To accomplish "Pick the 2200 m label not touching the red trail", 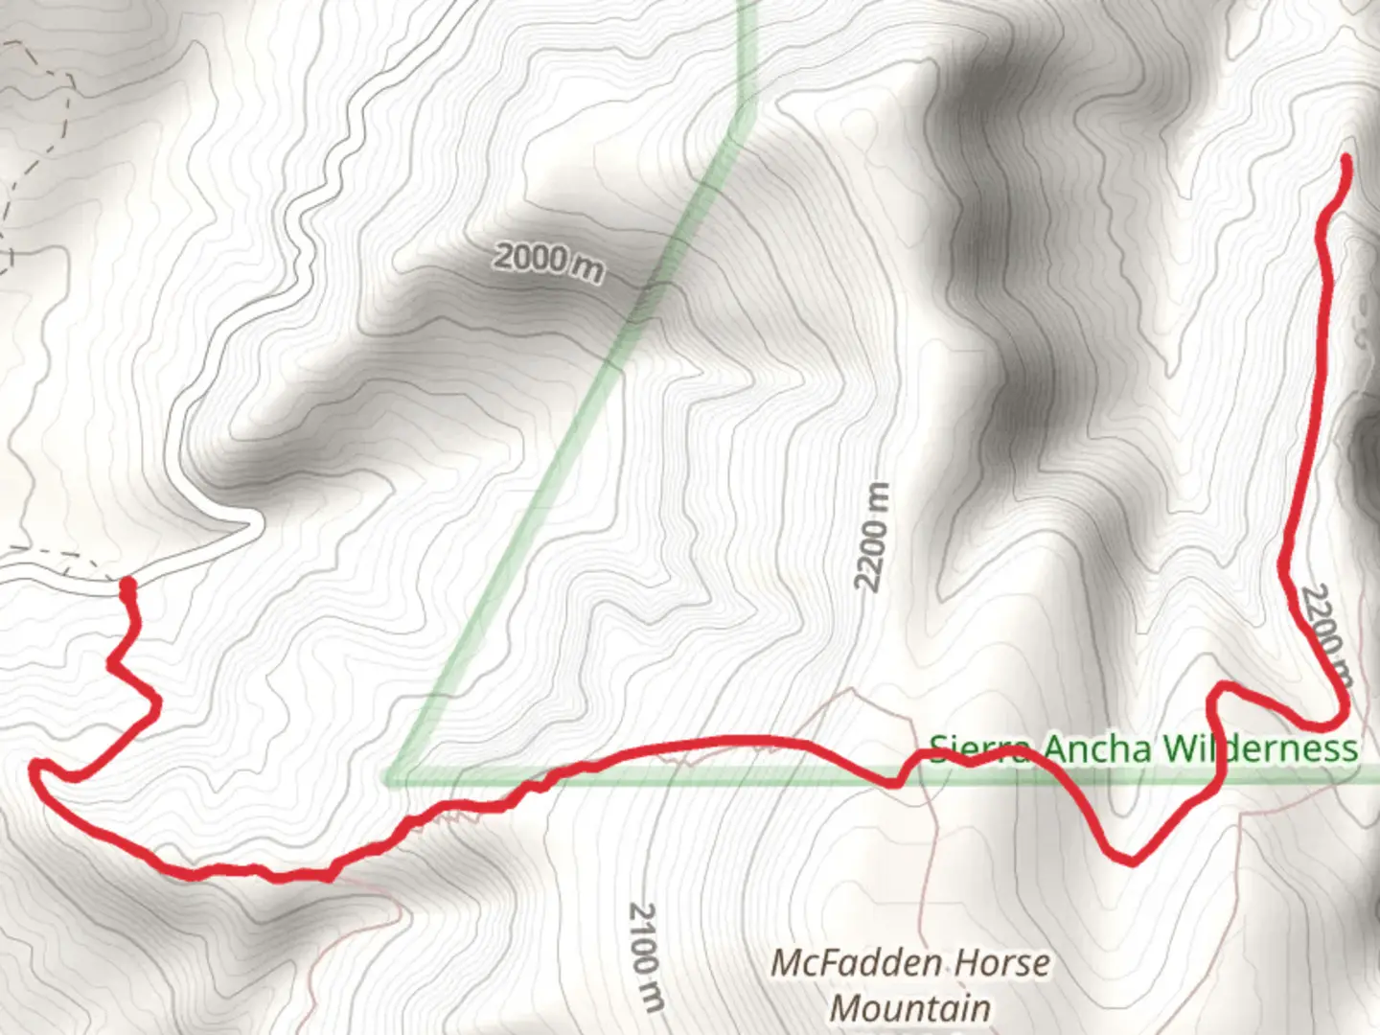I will (872, 537).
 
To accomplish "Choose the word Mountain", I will (909, 1007).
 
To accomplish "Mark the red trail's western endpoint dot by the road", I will (126, 584).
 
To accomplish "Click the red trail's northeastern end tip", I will (1345, 158).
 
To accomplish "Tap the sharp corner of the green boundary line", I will (391, 776).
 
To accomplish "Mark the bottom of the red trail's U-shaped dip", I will (1129, 858).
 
